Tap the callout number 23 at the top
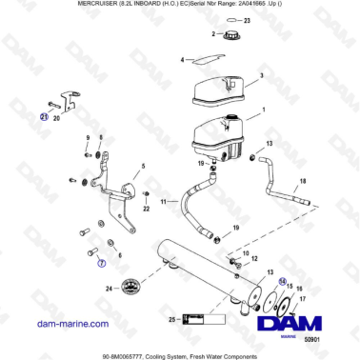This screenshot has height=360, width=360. coord(248,19)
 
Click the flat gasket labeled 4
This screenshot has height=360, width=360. coord(202,61)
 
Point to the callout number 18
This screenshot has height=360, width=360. coord(303,180)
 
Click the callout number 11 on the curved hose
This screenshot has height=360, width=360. coord(163,202)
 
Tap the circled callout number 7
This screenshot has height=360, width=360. coord(102,267)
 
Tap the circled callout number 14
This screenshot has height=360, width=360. coord(281,281)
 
